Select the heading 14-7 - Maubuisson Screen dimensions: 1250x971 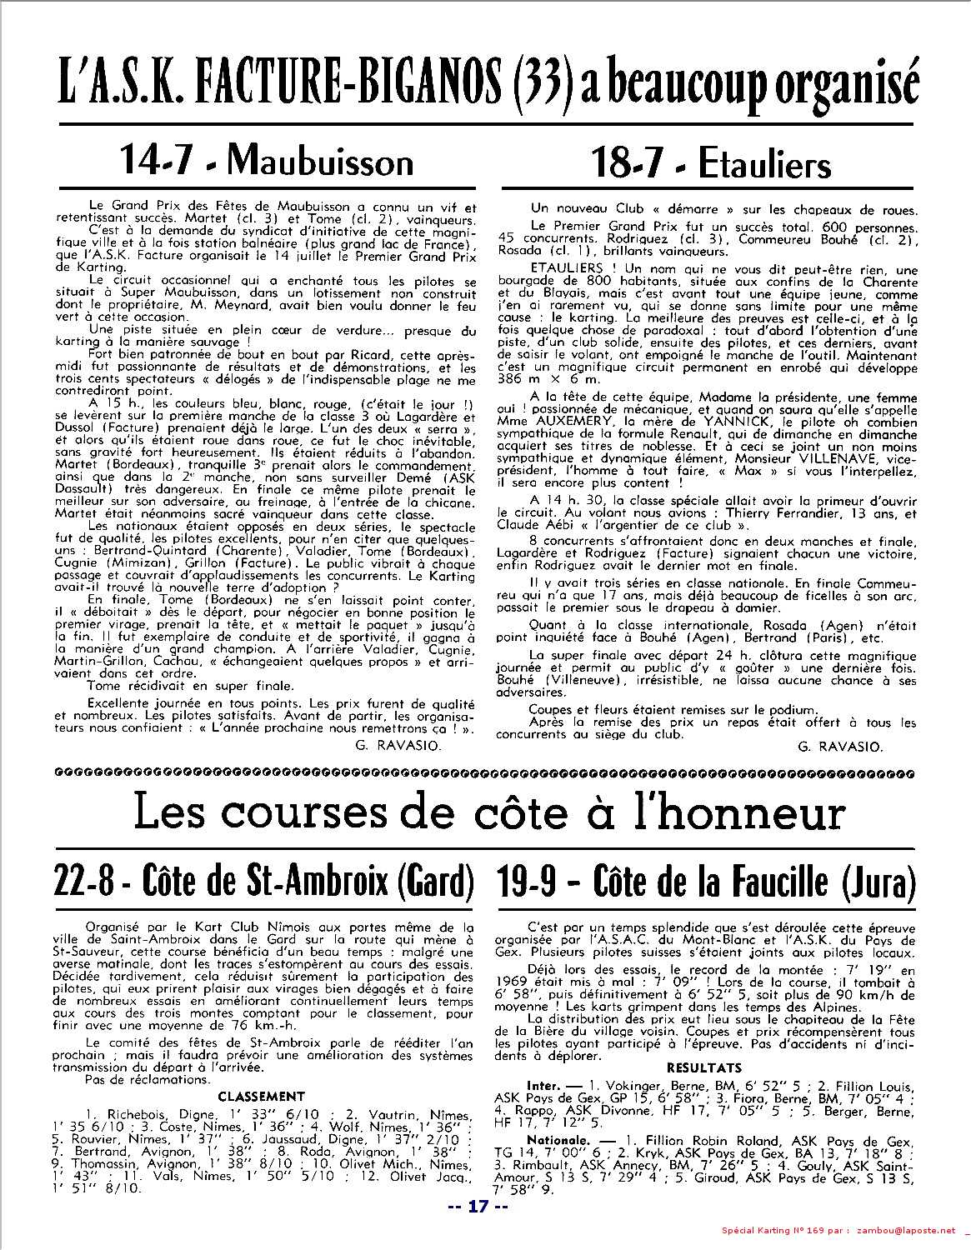pos(267,160)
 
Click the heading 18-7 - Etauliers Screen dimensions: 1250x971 pos(711,163)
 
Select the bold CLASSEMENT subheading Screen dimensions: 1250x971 pos(261,1096)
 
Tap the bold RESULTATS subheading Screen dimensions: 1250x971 pos(704,1067)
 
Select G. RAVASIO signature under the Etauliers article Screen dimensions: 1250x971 pos(839,746)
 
